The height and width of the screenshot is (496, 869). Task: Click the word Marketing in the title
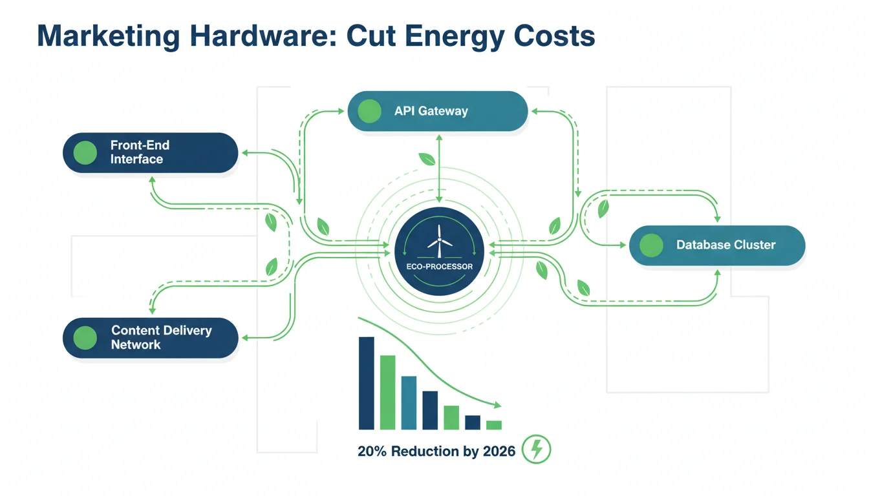pos(108,36)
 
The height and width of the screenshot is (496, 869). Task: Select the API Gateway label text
pos(431,111)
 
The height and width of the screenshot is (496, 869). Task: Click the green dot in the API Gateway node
pos(369,111)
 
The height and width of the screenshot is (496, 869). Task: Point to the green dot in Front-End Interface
pos(85,152)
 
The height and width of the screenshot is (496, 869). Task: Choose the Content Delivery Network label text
pos(162,337)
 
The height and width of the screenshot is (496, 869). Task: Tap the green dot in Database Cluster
pos(651,245)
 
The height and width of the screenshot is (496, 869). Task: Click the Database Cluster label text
pos(726,245)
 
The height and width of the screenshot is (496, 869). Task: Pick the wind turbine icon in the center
pos(439,242)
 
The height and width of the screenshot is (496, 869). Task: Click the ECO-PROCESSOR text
pos(440,267)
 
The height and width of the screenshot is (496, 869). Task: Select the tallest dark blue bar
pos(366,383)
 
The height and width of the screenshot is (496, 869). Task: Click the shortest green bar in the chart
pos(494,425)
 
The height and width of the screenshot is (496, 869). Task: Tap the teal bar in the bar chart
pos(409,403)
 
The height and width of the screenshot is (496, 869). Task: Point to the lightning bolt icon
pos(536,449)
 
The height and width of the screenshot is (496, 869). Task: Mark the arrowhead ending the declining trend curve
pos(497,405)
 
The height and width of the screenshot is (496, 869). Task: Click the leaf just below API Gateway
pos(427,159)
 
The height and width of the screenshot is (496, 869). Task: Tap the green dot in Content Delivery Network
pos(85,338)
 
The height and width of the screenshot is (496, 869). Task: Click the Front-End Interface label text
pos(140,152)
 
